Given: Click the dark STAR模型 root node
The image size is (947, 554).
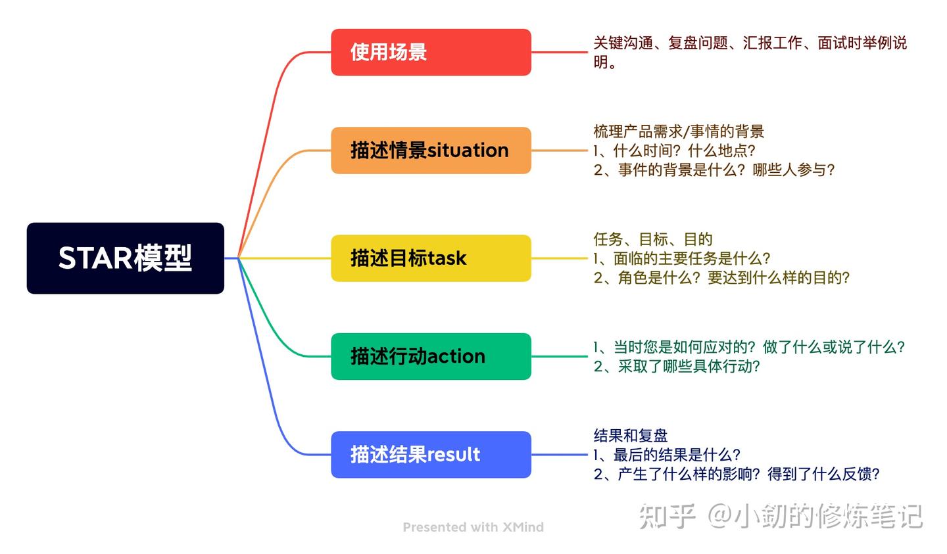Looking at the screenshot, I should click(125, 258).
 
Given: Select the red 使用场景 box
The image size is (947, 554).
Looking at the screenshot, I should click(431, 52).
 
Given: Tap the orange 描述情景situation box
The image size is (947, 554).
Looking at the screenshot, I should click(431, 150).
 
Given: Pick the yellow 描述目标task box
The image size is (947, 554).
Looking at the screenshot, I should click(431, 258).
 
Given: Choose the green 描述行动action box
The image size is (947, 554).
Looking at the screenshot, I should click(431, 356).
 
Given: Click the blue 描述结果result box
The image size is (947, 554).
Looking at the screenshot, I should click(431, 455).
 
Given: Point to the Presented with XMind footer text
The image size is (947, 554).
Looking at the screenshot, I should click(473, 527).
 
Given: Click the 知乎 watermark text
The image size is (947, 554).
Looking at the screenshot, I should click(667, 517).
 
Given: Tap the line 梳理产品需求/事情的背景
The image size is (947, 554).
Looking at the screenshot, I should click(679, 131).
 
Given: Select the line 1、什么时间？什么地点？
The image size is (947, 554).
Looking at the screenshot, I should click(675, 150).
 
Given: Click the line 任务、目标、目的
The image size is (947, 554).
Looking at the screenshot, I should click(653, 239).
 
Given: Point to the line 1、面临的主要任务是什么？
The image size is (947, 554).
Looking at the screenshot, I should click(682, 258).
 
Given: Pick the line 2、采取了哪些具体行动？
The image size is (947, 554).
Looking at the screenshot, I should click(677, 366).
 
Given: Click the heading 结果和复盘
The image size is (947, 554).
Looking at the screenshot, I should click(631, 435).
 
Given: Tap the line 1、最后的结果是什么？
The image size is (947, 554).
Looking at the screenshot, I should click(667, 455).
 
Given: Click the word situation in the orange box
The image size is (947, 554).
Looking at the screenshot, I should click(468, 150).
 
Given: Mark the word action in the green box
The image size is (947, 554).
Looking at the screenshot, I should click(456, 356).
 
